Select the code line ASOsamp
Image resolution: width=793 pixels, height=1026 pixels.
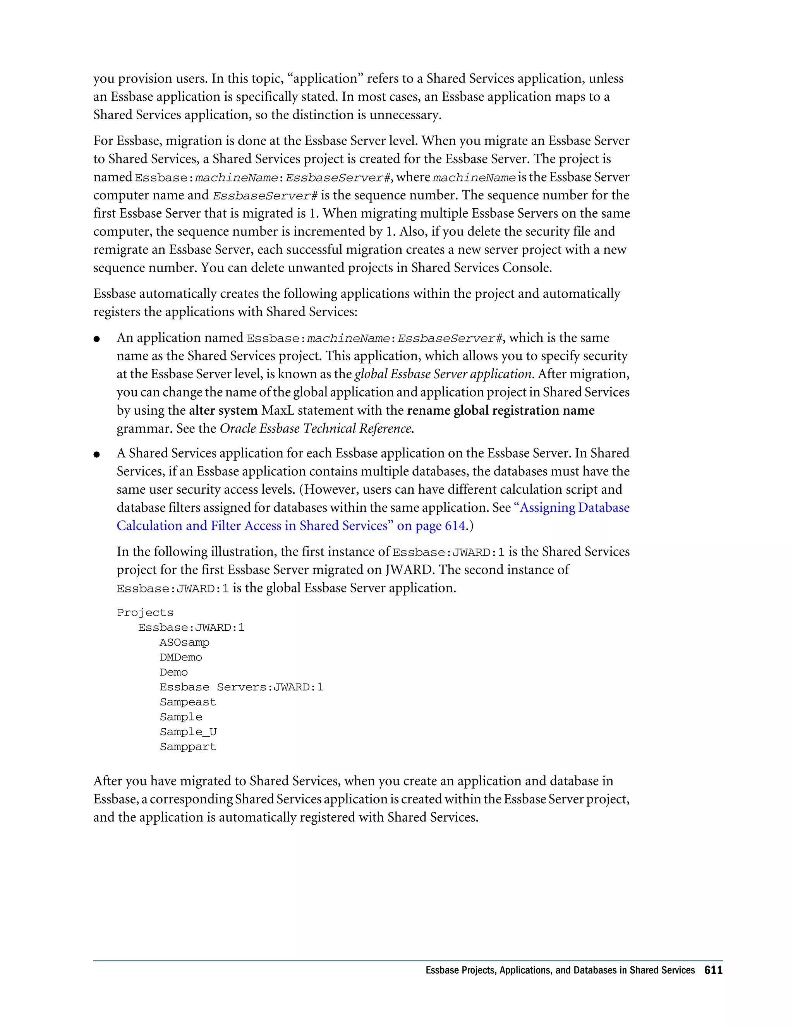click(184, 643)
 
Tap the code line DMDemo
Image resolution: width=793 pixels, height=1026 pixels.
click(180, 658)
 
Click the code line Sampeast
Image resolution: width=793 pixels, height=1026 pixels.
click(187, 702)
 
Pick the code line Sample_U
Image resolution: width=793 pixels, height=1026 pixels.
click(188, 732)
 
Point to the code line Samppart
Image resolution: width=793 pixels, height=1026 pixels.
click(187, 747)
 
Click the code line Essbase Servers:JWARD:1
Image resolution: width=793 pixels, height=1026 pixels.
click(241, 687)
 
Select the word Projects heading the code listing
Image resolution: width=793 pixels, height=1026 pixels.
click(145, 613)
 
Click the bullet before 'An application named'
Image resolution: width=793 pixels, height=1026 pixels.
click(97, 339)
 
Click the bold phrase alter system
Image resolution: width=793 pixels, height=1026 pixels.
click(223, 410)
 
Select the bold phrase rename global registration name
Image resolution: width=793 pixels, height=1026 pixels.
click(500, 410)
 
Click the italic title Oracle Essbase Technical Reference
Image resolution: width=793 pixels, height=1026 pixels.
click(316, 429)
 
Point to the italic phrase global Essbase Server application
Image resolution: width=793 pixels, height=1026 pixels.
click(443, 374)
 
